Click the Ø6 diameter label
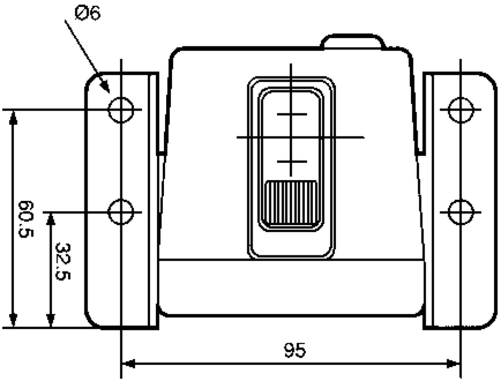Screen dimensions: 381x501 [88, 14]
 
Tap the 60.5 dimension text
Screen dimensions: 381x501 [26, 219]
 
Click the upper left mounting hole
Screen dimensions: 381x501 [121, 110]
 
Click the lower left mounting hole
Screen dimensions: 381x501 [121, 212]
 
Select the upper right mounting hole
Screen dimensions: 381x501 [461, 110]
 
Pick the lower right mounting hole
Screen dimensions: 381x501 [461, 212]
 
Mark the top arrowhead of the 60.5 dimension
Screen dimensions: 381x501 [13, 117]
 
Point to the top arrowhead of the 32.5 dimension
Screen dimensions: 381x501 [50, 219]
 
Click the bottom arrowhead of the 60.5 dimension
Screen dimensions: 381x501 [13, 321]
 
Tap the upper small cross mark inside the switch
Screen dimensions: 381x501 [291, 115]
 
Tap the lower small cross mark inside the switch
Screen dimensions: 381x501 [291, 162]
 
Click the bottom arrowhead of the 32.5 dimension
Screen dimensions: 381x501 [50, 321]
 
